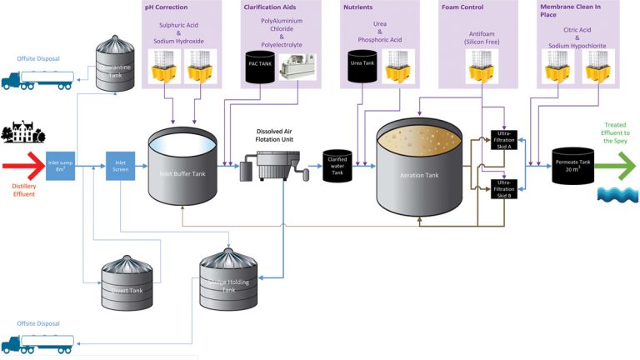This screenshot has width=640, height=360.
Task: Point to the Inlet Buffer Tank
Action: (x=182, y=167)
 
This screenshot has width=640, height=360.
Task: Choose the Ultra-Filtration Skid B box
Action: (x=505, y=188)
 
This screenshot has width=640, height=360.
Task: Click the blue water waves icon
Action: (x=617, y=194)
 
